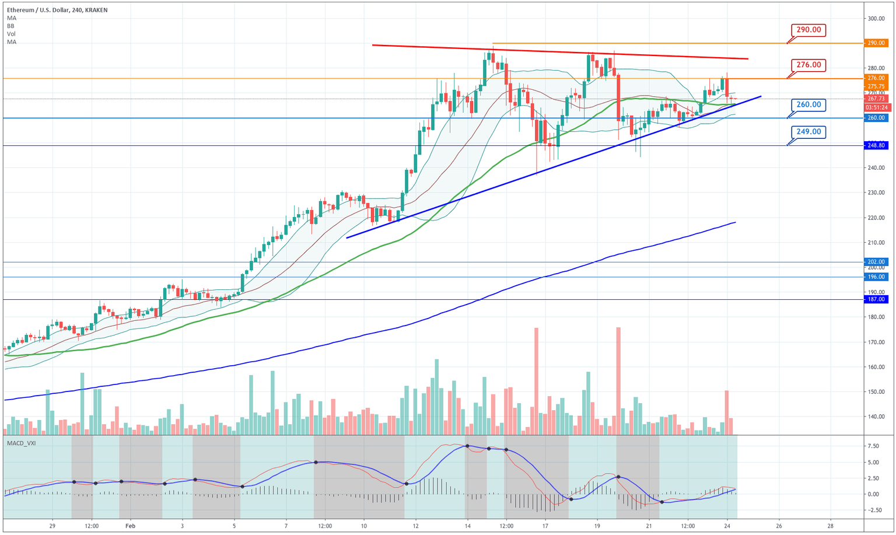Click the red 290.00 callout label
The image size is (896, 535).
click(x=808, y=30)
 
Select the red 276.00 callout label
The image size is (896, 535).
click(x=808, y=65)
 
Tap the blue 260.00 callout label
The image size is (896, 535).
click(x=808, y=105)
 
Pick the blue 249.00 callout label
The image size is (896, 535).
click(x=808, y=132)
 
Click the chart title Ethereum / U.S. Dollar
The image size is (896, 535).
click(x=40, y=10)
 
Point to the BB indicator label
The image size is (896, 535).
click(x=11, y=26)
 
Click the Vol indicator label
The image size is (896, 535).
click(x=11, y=34)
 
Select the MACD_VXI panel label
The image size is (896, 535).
click(x=22, y=443)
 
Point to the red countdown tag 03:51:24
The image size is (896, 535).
click(x=876, y=107)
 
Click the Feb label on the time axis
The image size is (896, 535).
click(x=129, y=526)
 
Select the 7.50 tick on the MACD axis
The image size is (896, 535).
click(x=873, y=446)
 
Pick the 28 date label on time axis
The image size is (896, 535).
click(x=830, y=526)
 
